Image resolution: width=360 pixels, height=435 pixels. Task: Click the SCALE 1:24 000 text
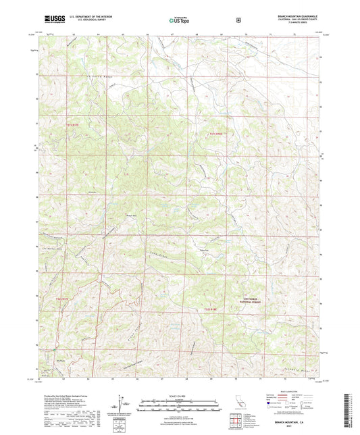[x=179, y=396]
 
